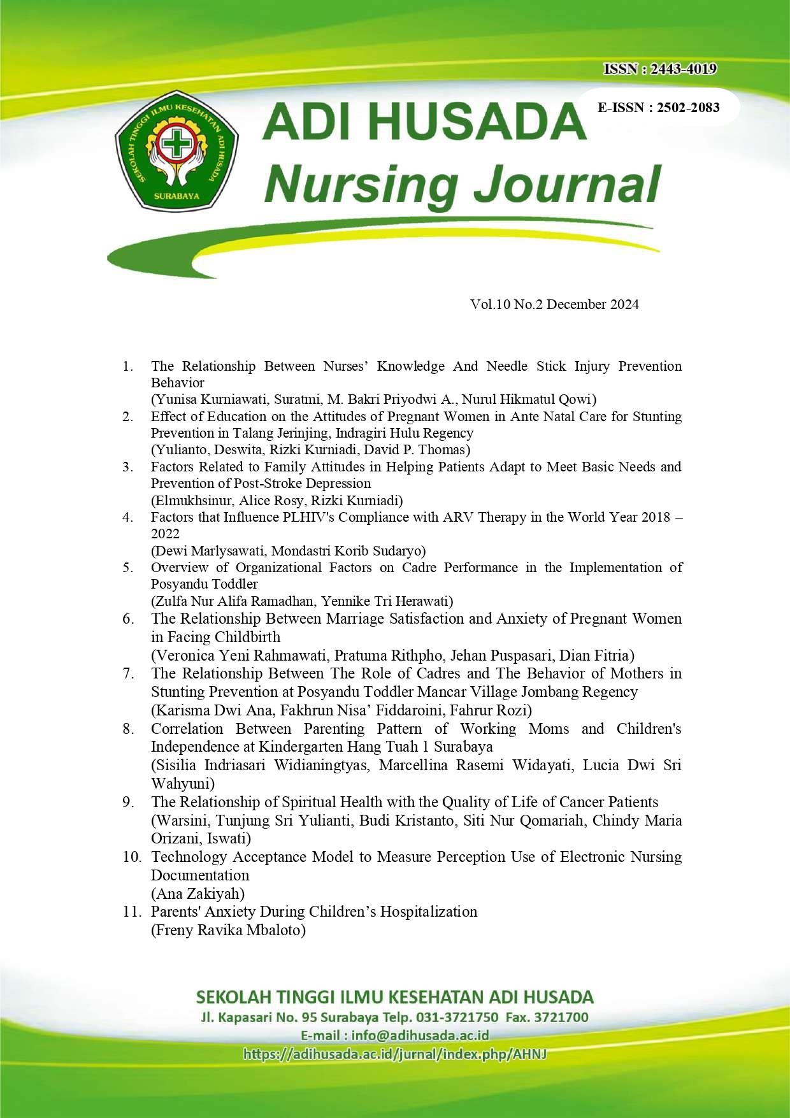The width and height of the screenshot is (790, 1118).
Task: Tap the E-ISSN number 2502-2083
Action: tap(688, 108)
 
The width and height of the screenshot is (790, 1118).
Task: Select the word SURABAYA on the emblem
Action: tap(176, 196)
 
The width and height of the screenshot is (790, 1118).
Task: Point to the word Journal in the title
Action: tap(568, 184)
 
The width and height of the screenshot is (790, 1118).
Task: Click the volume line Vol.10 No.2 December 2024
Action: tap(554, 305)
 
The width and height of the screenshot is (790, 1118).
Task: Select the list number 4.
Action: tap(128, 517)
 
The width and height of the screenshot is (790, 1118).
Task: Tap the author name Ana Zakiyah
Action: tap(197, 894)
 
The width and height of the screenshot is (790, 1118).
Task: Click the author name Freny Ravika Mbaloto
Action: tap(228, 930)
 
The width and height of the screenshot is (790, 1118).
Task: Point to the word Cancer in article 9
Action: tap(582, 802)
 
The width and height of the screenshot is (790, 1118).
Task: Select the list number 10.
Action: tap(132, 857)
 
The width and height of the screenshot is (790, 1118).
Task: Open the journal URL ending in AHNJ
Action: tap(395, 1054)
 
